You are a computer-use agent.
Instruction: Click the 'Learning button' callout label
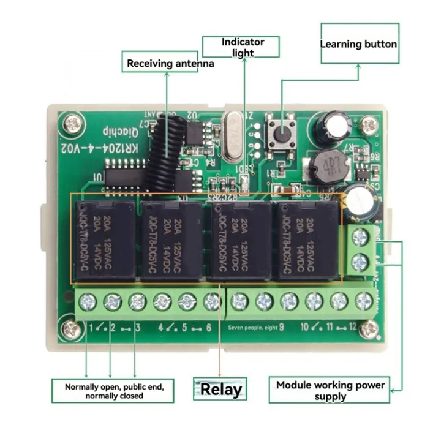coord(359,44)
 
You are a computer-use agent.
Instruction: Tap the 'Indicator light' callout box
coord(243,47)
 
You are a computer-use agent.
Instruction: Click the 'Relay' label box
coord(221,389)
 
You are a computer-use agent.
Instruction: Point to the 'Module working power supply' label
coord(330,390)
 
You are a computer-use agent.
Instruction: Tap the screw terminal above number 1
coord(88,301)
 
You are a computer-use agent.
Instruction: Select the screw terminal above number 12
coord(364,301)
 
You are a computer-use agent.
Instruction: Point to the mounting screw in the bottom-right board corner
coord(368,330)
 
